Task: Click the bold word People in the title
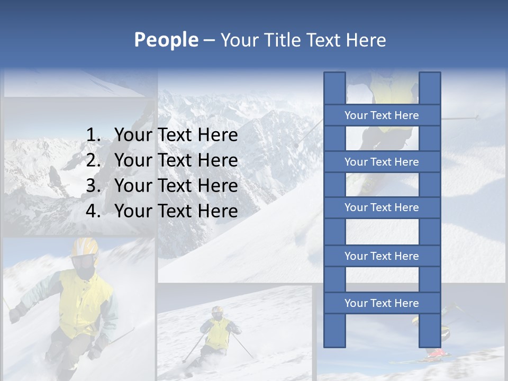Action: click(166, 40)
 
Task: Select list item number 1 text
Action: click(176, 135)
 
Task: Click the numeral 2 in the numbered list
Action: click(93, 160)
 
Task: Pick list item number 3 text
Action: click(176, 186)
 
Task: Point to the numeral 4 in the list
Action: click(93, 211)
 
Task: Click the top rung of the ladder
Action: click(382, 115)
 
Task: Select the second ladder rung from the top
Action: click(382, 162)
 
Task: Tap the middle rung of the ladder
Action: click(382, 208)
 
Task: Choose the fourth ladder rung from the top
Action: click(382, 256)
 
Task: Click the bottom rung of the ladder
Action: click(382, 303)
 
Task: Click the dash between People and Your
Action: click(208, 40)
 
